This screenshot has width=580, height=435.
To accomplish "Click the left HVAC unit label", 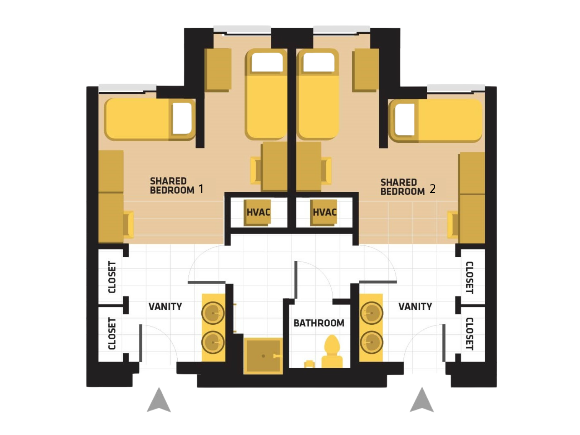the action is tap(258, 212).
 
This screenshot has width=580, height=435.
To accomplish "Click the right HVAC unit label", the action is tap(325, 212).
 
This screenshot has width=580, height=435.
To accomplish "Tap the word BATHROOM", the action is tap(319, 323).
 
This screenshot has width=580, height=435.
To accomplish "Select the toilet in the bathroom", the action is tap(332, 352).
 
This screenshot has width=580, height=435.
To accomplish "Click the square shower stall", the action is tap(263, 356).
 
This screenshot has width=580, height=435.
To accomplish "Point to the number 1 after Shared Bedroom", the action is tap(201, 189).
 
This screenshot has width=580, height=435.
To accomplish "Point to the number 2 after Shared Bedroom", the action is tap(433, 189).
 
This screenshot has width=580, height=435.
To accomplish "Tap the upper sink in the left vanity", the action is tap(213, 313).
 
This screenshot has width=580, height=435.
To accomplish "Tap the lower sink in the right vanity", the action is tap(371, 342).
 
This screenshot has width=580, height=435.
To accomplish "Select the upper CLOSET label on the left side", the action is tap(112, 277).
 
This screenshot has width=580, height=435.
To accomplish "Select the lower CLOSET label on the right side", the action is tap(469, 334).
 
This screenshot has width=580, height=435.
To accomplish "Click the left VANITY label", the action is tap(165, 307).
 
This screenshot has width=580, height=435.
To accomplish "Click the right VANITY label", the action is tap(415, 307).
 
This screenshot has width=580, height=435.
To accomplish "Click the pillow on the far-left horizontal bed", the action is tap(182, 118).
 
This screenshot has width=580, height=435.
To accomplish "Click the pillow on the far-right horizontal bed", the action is tap(405, 119).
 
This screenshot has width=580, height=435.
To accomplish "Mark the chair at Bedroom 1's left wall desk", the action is tap(129, 224).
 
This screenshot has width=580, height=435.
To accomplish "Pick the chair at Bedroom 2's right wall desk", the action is tap(453, 224).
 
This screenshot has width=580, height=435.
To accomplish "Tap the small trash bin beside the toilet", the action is tap(309, 364).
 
